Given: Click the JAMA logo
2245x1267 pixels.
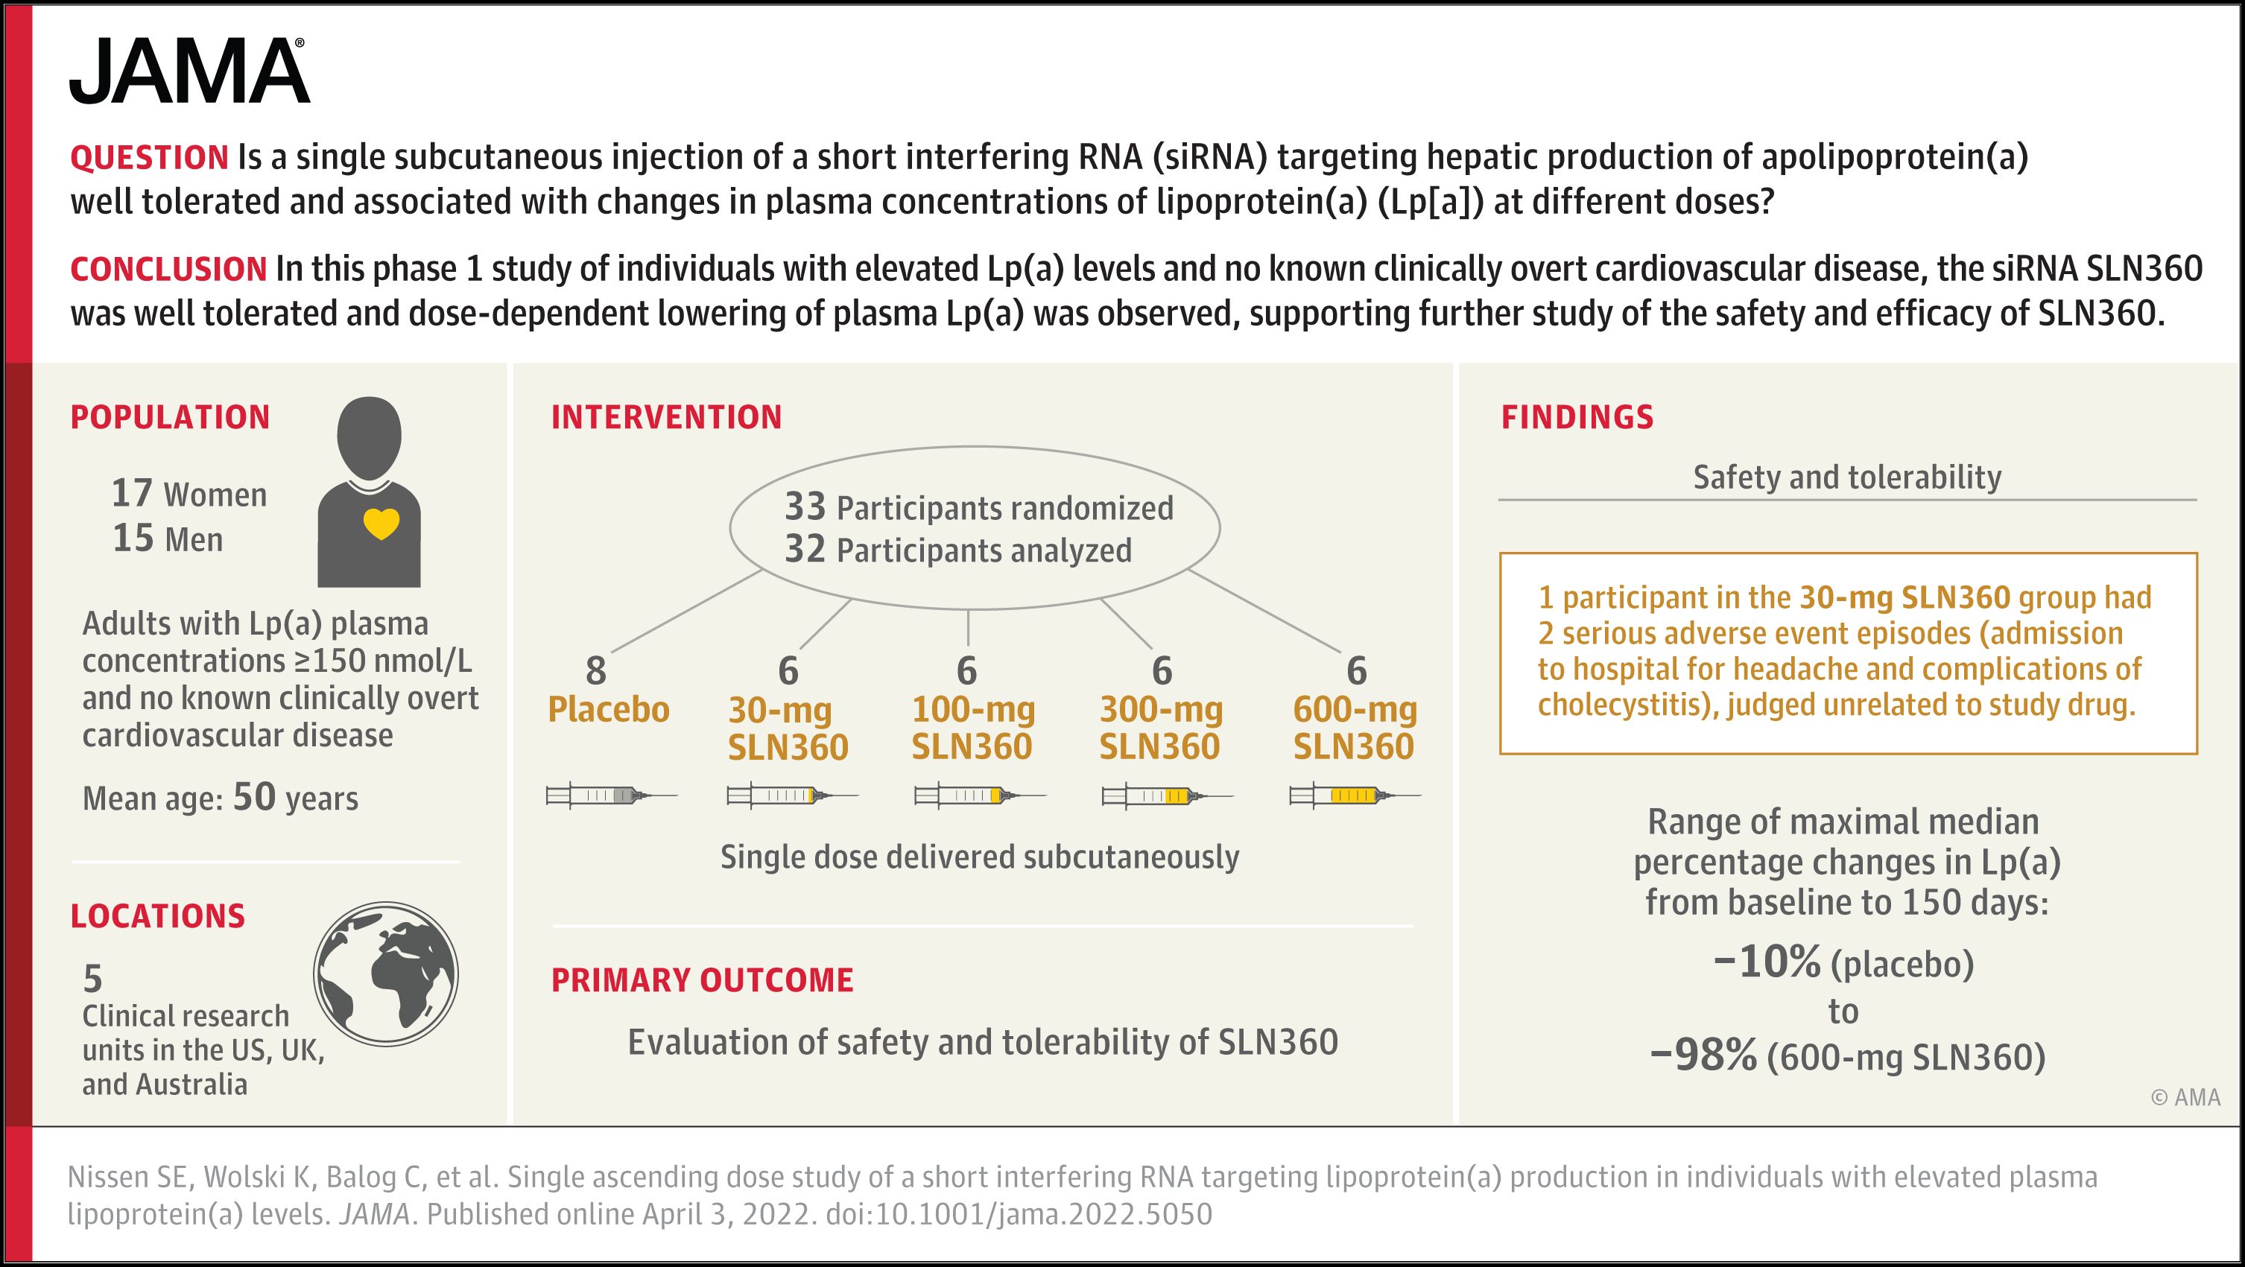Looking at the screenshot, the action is [189, 71].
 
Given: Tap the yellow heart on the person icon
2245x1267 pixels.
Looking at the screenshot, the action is [381, 524].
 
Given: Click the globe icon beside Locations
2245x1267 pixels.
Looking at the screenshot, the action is [386, 974].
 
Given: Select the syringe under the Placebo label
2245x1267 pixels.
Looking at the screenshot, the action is [612, 795].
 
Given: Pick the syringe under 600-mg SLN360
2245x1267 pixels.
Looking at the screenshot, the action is [1355, 795].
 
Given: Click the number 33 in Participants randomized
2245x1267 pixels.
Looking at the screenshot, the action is [805, 507].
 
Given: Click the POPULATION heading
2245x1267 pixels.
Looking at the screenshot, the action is [170, 417].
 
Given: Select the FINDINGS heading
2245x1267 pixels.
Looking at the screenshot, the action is [1577, 417].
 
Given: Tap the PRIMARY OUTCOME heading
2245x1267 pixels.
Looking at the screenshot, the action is [702, 980].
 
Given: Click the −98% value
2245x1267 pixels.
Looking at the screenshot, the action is [1703, 1055].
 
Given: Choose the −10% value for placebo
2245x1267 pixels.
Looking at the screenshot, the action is [1767, 962].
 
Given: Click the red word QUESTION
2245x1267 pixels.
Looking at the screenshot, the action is [149, 158].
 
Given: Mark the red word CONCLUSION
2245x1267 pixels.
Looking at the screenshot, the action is [168, 269].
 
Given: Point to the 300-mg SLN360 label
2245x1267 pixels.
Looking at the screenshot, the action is [1161, 728].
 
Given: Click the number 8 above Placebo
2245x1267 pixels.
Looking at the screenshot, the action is [596, 671].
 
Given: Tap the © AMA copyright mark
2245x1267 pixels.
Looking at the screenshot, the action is [2185, 1097].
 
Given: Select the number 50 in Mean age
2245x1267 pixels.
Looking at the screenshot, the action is [255, 797].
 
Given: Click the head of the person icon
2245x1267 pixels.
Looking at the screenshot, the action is [370, 437].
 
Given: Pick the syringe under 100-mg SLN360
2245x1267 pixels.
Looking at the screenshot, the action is [981, 795].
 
